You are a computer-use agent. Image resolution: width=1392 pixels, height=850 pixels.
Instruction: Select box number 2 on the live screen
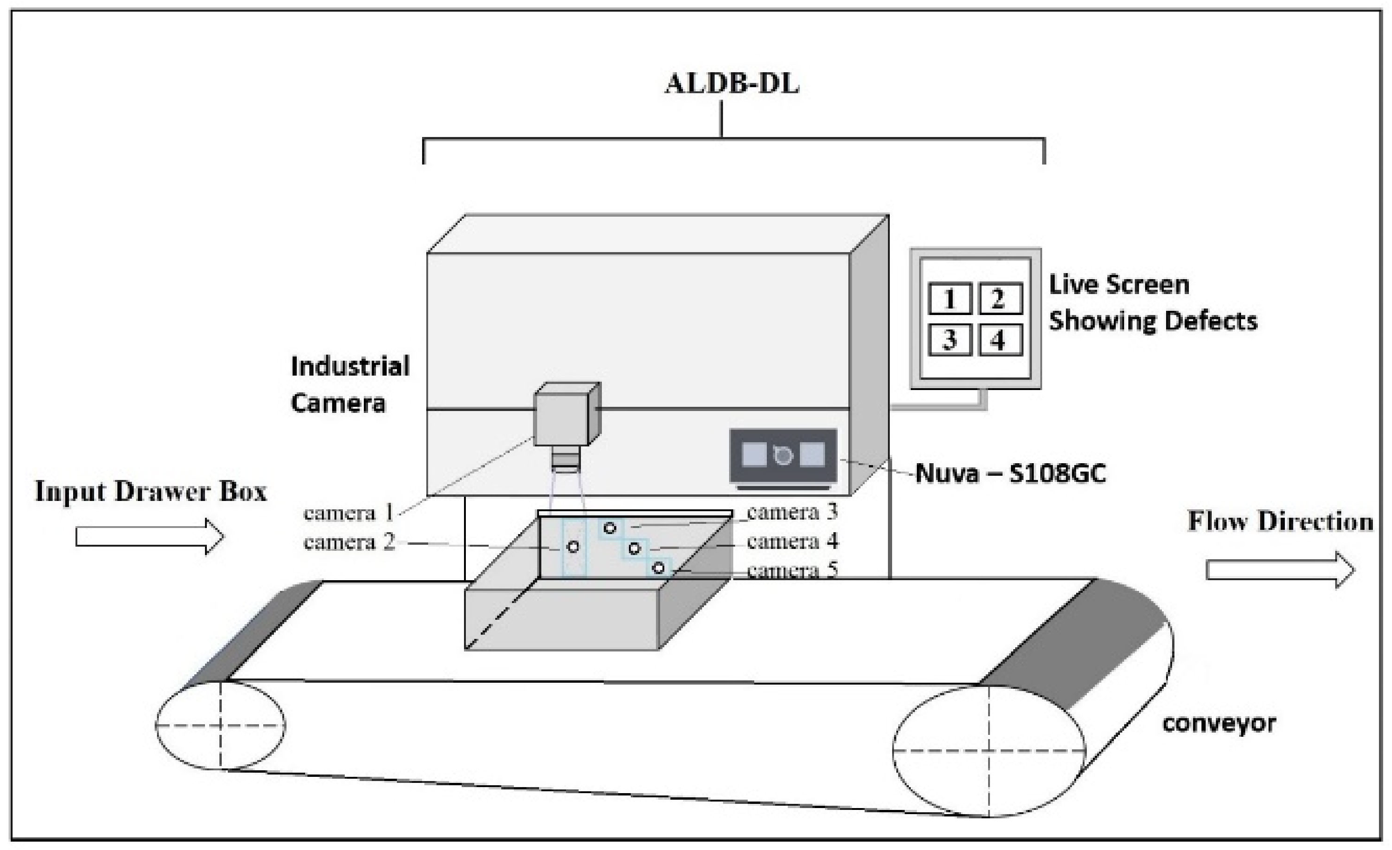point(1000,298)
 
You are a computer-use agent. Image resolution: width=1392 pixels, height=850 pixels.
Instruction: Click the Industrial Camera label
point(350,384)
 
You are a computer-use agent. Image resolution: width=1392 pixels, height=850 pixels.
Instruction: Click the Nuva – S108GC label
point(1010,473)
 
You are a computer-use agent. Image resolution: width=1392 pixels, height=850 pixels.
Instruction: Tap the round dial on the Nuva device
point(783,455)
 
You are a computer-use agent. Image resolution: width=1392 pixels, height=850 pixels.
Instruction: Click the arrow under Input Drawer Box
point(150,536)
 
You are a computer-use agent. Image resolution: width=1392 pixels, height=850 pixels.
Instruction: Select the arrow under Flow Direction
point(1280,569)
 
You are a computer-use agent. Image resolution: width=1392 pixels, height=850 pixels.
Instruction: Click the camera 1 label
point(348,513)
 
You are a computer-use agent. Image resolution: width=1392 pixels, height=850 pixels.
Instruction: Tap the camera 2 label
point(348,542)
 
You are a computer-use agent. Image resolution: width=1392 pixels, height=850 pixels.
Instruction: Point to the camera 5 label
point(792,571)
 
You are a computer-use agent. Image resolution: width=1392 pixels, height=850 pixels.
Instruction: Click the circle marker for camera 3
point(609,528)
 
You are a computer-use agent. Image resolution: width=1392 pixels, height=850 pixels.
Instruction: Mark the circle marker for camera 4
point(635,548)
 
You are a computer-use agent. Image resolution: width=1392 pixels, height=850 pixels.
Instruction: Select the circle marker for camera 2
point(573,547)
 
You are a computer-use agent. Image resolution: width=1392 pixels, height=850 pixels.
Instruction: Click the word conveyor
point(1219,723)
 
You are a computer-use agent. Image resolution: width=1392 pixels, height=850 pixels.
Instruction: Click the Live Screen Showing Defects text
point(1153,302)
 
